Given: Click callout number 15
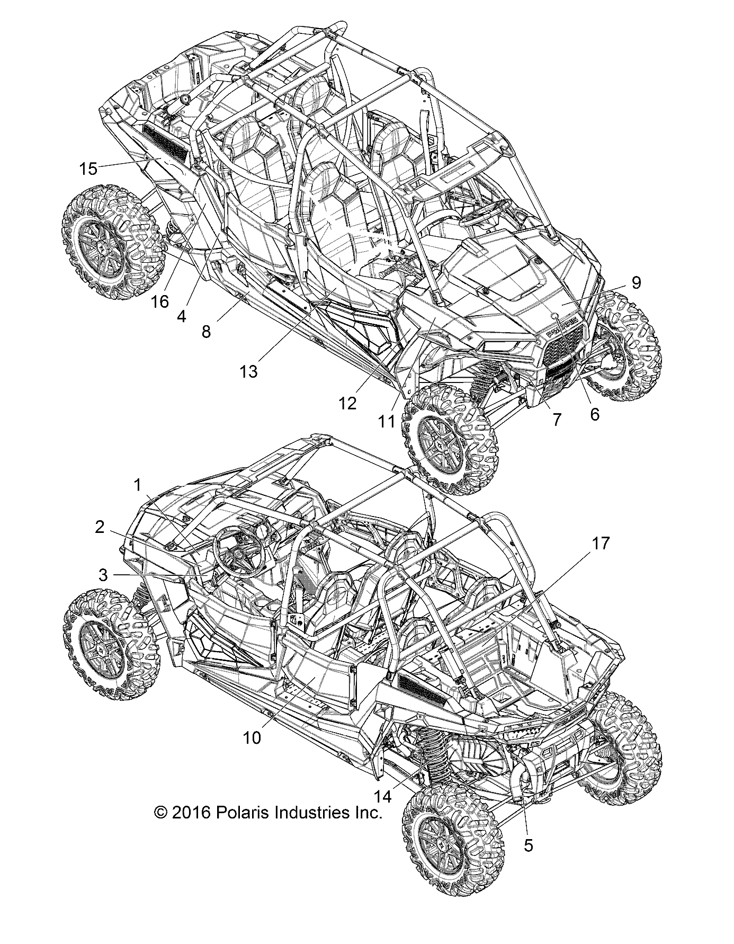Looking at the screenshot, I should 88,169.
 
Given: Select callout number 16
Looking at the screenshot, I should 159,301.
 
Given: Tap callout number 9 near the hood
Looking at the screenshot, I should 635,282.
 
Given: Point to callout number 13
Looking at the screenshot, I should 248,371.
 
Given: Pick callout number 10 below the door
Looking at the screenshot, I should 253,737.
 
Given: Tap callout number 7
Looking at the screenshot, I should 556,419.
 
